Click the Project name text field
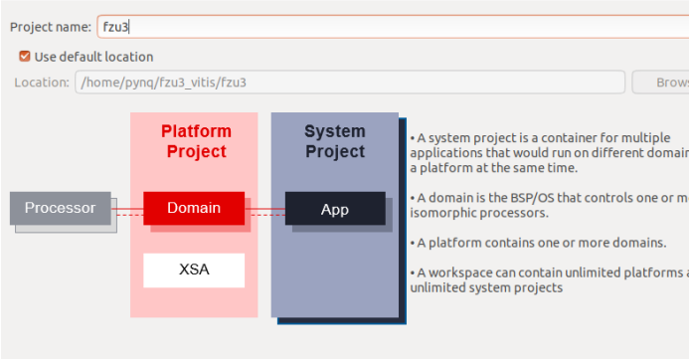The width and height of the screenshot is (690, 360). click(388, 26)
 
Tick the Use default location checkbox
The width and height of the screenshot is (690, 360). click(25, 57)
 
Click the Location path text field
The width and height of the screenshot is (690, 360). click(348, 83)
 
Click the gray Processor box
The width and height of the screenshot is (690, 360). click(60, 209)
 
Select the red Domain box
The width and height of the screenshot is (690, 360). click(194, 209)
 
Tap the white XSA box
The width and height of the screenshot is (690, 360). click(194, 270)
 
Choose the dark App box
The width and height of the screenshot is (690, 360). click(335, 209)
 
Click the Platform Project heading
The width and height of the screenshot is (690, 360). click(196, 141)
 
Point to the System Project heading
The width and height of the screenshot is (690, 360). click(335, 141)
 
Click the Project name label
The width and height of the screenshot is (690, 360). click(50, 27)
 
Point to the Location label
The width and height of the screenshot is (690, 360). click(41, 83)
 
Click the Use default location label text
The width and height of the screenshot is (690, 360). click(93, 57)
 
